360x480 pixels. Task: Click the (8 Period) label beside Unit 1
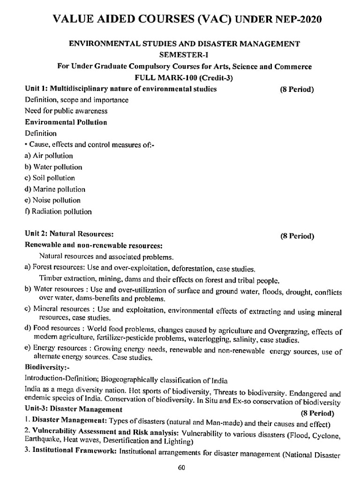click(x=297, y=89)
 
